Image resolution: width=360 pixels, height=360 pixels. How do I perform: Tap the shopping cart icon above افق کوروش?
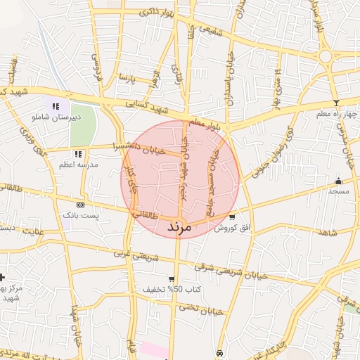(x=232, y=217)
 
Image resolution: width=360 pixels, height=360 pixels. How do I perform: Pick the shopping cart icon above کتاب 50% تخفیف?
(x=172, y=278)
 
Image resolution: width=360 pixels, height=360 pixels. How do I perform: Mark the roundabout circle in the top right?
(x=326, y=56)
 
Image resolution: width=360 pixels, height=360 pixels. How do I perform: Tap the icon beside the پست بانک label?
(x=80, y=205)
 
